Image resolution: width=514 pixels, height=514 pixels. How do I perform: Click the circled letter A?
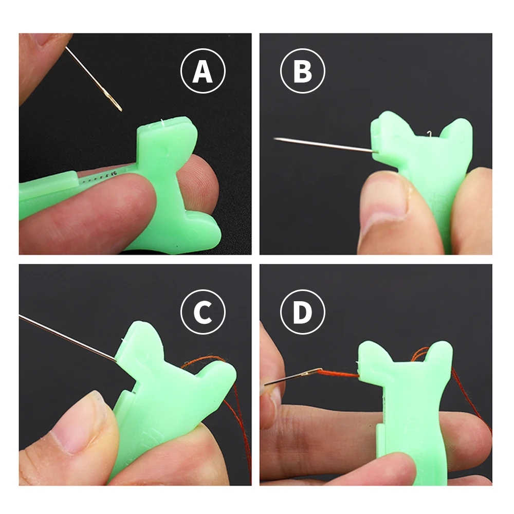(203, 71)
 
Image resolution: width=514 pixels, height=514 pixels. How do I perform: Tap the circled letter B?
(303, 71)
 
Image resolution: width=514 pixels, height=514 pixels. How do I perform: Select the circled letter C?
(203, 312)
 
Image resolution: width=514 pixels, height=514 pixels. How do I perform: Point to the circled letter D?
(303, 312)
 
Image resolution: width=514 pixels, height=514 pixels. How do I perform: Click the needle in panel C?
(68, 338)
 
